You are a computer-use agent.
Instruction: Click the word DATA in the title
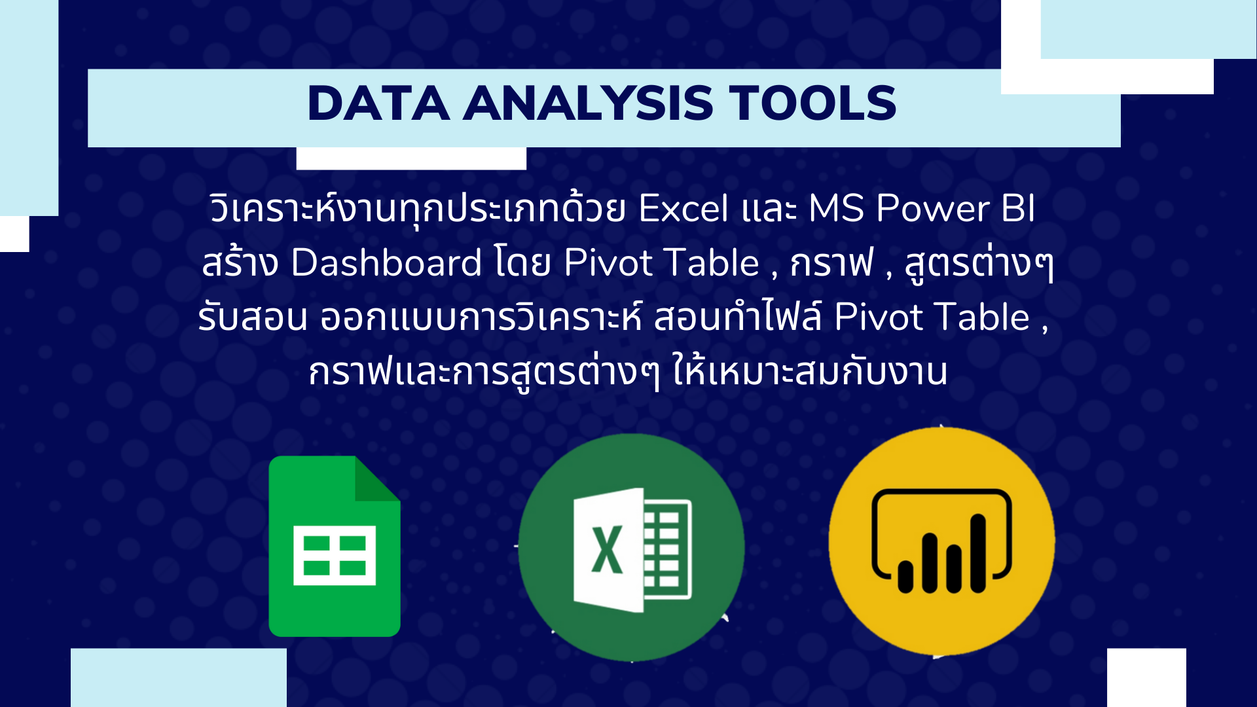tap(378, 103)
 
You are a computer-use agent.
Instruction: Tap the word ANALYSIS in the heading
tap(589, 103)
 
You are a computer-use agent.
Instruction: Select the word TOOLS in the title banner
tap(812, 103)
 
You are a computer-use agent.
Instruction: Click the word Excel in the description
tap(683, 209)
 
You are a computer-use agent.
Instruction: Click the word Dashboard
tap(387, 263)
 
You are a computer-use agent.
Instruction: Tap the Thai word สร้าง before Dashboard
tap(240, 263)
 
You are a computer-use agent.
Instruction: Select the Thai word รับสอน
tap(253, 317)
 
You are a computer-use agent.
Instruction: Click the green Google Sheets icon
tap(335, 546)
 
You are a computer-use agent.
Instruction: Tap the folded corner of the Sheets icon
tap(376, 479)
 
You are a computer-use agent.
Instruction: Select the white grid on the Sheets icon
tap(335, 555)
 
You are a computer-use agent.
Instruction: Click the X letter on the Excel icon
tap(607, 550)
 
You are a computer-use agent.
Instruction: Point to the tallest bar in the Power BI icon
tap(978, 553)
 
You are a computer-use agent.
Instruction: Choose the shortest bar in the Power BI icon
tap(905, 577)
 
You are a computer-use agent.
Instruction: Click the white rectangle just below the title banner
tap(411, 158)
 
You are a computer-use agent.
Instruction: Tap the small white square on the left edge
tap(14, 234)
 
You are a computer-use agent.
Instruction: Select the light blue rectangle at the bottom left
tap(179, 678)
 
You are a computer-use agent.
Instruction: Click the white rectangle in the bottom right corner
tap(1146, 678)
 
